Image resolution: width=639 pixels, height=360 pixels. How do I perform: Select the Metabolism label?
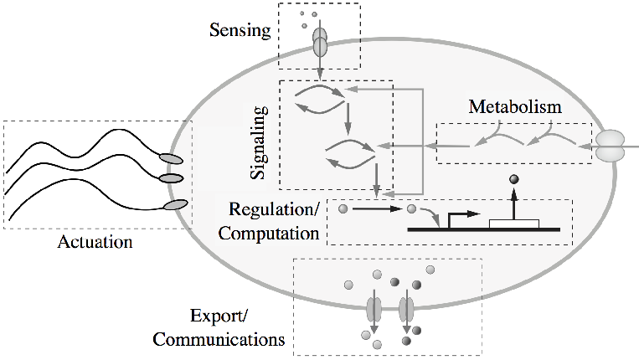click(x=514, y=107)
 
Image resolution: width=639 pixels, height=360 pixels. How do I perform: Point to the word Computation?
click(x=269, y=234)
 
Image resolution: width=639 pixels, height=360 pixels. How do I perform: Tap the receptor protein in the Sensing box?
click(x=319, y=44)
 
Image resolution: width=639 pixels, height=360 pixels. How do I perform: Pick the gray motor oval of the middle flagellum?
click(x=171, y=177)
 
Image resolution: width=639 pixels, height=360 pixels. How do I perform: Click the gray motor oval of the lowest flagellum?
click(x=177, y=204)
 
